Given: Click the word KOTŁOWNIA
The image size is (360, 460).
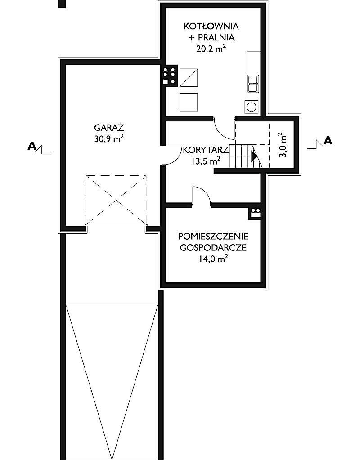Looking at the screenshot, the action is pyautogui.click(x=211, y=26).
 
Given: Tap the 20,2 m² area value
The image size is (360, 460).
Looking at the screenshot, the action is pyautogui.click(x=211, y=49).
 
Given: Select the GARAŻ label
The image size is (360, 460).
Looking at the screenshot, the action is pyautogui.click(x=109, y=128).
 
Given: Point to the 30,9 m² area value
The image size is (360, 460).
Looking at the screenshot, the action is pyautogui.click(x=109, y=139).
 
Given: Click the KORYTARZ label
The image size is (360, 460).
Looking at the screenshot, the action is pyautogui.click(x=206, y=150).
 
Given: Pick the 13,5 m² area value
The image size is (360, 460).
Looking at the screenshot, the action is pyautogui.click(x=206, y=161).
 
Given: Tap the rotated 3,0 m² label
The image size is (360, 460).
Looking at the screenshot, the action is pyautogui.click(x=283, y=145).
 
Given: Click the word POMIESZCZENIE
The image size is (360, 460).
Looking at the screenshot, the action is pyautogui.click(x=213, y=236).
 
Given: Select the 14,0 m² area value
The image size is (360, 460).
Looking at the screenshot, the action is pyautogui.click(x=213, y=259).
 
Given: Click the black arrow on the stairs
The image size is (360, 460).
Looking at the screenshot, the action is pyautogui.click(x=254, y=156).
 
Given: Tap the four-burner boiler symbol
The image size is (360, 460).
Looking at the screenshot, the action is pyautogui.click(x=170, y=76).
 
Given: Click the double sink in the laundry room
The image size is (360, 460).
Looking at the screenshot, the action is pyautogui.click(x=253, y=84).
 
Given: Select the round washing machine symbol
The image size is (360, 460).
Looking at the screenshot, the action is pyautogui.click(x=252, y=107).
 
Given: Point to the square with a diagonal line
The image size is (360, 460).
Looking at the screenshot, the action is pyautogui.click(x=188, y=77).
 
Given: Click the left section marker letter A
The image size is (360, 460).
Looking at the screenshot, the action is pyautogui.click(x=31, y=146).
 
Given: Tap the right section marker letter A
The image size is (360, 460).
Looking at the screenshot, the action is pyautogui.click(x=328, y=141).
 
